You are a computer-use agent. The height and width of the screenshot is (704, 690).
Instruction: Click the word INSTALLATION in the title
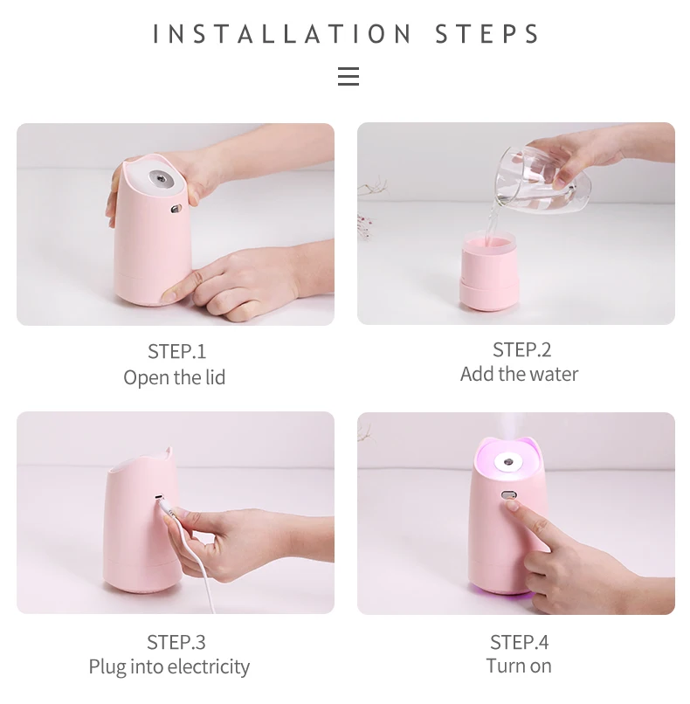tap(282, 34)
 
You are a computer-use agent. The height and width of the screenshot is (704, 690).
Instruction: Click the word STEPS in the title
tap(487, 34)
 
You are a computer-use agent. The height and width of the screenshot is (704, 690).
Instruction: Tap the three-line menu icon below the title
tap(348, 76)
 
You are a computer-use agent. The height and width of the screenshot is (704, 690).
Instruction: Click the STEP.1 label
tap(177, 351)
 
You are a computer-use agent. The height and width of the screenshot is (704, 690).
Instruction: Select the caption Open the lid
tap(174, 377)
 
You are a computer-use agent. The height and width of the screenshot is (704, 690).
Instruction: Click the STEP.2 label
tap(521, 349)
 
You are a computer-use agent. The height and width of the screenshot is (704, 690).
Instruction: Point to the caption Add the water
tap(519, 374)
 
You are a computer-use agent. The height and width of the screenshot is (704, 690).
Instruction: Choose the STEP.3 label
tap(176, 642)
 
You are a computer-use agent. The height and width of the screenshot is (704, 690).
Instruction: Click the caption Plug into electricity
tap(169, 666)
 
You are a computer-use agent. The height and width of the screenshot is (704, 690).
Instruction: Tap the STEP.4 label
tap(519, 642)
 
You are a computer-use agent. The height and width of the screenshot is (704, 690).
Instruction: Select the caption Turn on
tap(519, 666)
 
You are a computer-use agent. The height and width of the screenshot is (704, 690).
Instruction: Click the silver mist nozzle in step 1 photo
tap(160, 179)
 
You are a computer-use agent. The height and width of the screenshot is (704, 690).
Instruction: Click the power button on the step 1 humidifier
tap(176, 209)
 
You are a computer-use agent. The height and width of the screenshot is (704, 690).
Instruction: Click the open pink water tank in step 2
tap(490, 270)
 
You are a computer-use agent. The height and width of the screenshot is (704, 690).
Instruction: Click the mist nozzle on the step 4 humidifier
tap(509, 462)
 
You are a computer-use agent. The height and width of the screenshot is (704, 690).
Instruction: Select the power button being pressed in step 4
tap(509, 495)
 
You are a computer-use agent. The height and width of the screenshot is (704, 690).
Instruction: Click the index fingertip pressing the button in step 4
tap(512, 505)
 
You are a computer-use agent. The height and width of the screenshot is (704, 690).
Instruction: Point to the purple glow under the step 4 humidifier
tap(502, 593)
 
